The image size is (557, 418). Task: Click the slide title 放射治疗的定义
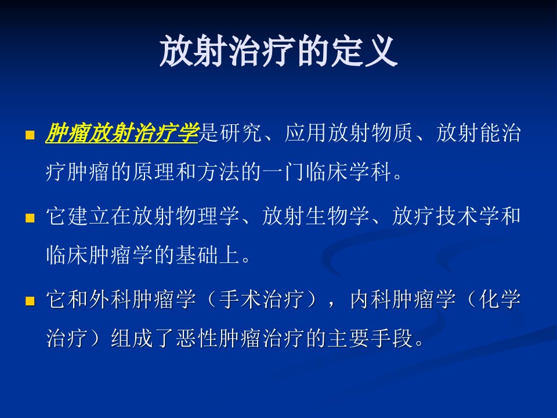[x=278, y=51]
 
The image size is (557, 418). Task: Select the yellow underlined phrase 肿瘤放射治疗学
[x=122, y=133]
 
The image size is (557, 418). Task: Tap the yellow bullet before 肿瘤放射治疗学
[x=30, y=135]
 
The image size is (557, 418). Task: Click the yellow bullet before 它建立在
[x=30, y=218]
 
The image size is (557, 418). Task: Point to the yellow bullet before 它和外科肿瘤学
[x=30, y=301]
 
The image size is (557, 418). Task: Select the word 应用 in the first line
[x=306, y=133]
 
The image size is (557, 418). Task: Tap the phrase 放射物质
[x=371, y=133]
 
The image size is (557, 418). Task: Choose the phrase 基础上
[x=208, y=255]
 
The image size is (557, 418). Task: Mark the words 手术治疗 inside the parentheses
[x=262, y=300]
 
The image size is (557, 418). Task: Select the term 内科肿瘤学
[x=403, y=300]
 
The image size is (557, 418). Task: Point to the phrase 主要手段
[x=370, y=338]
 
